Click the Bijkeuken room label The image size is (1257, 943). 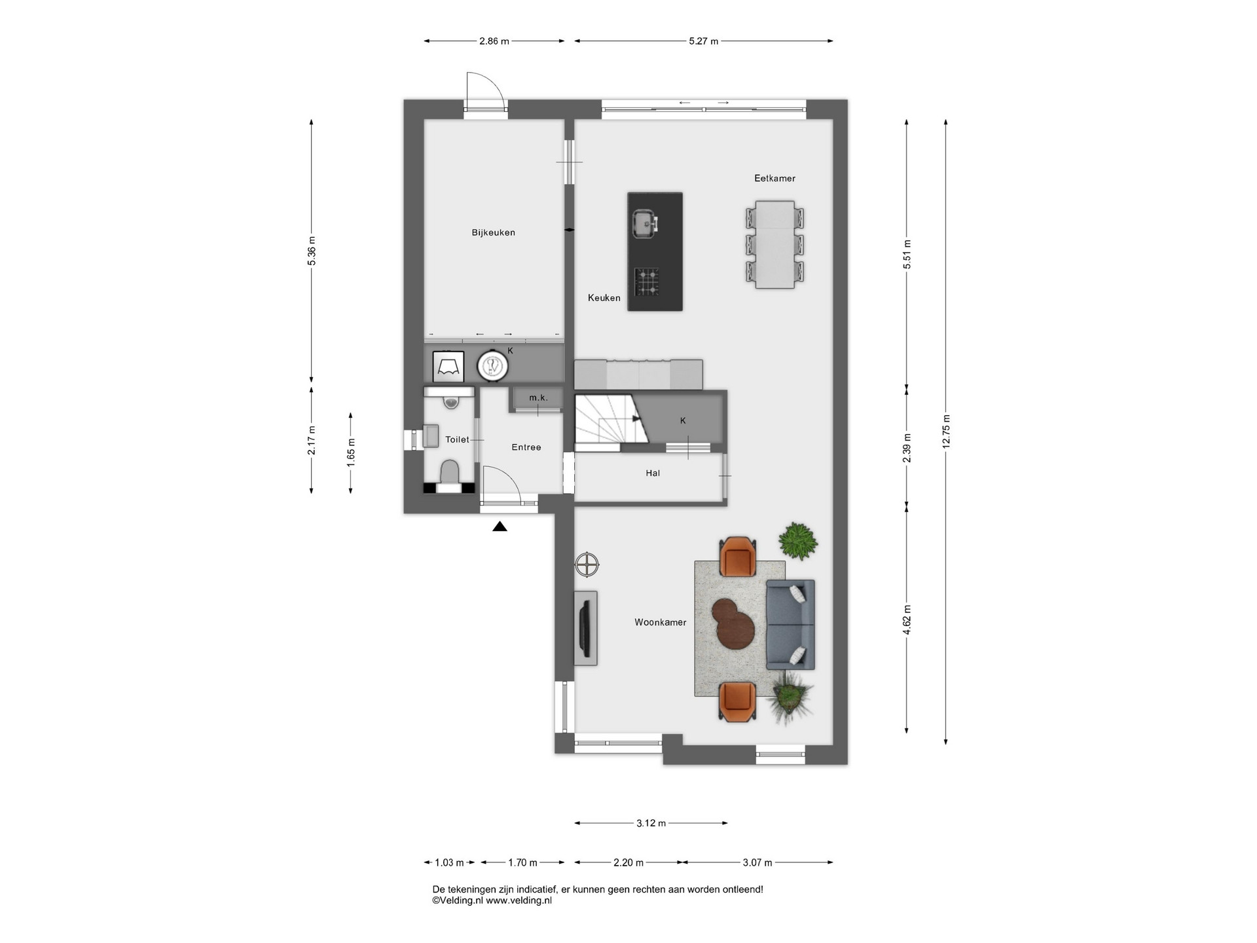tap(493, 232)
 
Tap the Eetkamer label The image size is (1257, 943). tap(774, 178)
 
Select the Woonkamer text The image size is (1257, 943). tap(660, 622)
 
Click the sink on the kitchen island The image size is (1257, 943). tap(645, 225)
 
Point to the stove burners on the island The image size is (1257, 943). tap(647, 282)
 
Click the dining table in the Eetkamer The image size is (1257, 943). tap(775, 245)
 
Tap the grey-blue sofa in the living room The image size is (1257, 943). tap(790, 624)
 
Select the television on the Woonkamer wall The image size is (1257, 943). tap(586, 629)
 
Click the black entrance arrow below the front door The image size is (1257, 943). tap(500, 526)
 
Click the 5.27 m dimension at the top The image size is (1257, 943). tap(704, 41)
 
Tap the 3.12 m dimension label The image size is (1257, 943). tap(651, 823)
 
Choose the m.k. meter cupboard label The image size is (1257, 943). tap(538, 398)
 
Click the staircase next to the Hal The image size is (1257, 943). tap(610, 418)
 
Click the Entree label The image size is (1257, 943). tap(526, 447)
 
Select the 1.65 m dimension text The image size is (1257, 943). tap(351, 453)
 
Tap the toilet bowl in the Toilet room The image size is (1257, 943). tap(450, 471)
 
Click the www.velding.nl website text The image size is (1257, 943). tap(519, 900)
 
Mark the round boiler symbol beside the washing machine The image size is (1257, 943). tap(492, 367)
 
